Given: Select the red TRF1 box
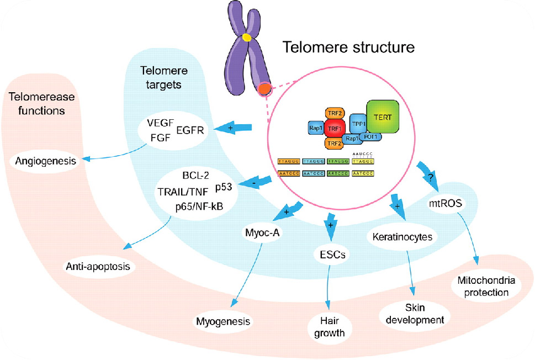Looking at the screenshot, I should pos(332,128).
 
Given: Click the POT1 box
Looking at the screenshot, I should pos(368,136).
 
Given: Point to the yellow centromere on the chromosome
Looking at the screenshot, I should pos(247,38).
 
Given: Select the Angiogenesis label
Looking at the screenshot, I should pos(45,162).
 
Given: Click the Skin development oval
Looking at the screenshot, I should pos(415,313).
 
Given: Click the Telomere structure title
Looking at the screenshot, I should pos(348,47).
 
